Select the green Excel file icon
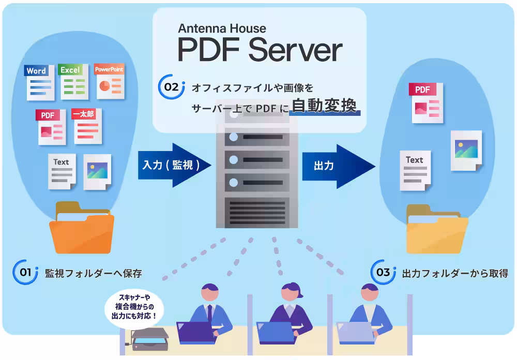73,82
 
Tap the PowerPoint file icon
109,81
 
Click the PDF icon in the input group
52,127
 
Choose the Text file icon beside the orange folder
62,171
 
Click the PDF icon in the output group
427,102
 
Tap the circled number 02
171,87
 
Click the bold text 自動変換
323,106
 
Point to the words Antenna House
222,28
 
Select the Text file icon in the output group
415,170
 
